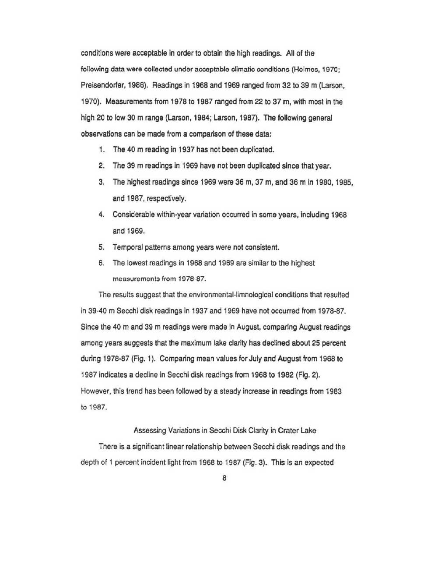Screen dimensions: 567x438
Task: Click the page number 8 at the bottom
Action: click(224, 478)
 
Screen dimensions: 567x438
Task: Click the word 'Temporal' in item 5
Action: click(127, 247)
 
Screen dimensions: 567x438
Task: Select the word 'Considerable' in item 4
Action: click(133, 215)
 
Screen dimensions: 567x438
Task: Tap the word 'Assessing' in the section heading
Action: click(149, 430)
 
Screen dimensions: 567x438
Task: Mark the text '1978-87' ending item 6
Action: click(193, 279)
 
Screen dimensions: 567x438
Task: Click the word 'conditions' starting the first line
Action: click(98, 53)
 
